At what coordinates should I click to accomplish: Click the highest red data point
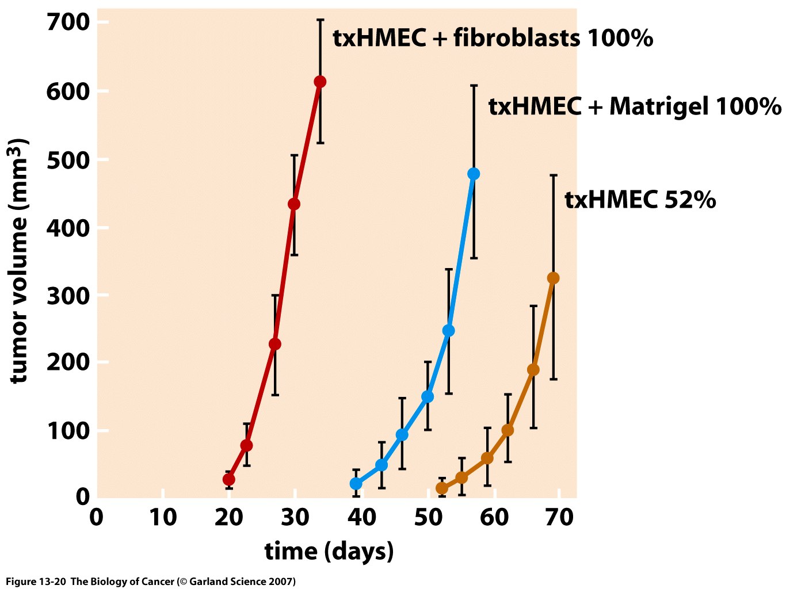[x=320, y=82]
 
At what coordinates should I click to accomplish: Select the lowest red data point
[x=228, y=480]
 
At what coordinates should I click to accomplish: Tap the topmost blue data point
[x=474, y=174]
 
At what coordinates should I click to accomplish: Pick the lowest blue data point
[x=356, y=484]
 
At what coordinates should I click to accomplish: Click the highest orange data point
[x=553, y=278]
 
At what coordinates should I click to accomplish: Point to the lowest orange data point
[x=442, y=488]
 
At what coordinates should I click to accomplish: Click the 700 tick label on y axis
[x=68, y=22]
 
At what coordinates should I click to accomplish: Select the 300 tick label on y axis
[x=68, y=296]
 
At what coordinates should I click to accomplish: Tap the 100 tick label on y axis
[x=68, y=431]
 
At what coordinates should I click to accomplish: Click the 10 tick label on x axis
[x=163, y=518]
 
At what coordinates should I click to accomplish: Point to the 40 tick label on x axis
[x=362, y=518]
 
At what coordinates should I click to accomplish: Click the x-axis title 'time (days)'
[x=329, y=551]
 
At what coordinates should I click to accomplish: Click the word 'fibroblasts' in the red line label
[x=517, y=39]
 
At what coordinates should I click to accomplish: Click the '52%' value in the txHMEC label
[x=690, y=200]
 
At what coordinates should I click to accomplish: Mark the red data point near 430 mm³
[x=294, y=204]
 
